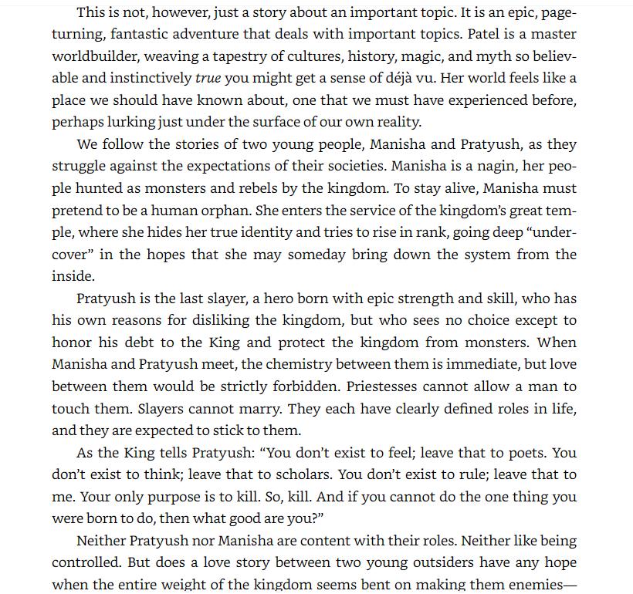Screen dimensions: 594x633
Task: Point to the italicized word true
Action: [208, 78]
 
